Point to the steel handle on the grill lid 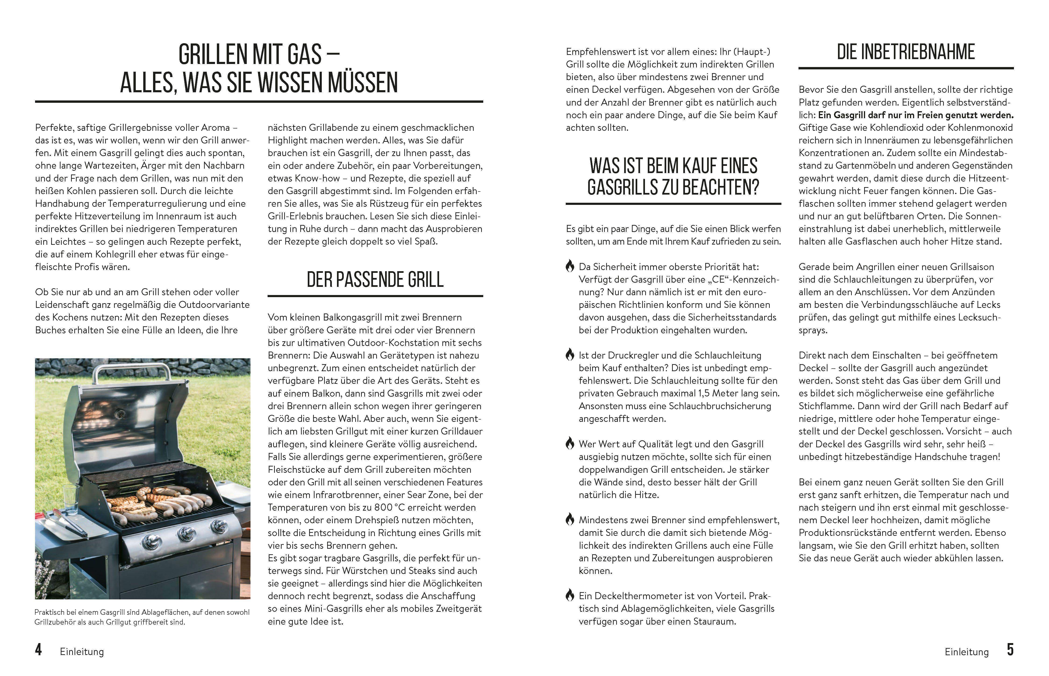click(132, 370)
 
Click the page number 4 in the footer click(39, 650)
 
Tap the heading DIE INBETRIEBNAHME click(906, 52)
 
